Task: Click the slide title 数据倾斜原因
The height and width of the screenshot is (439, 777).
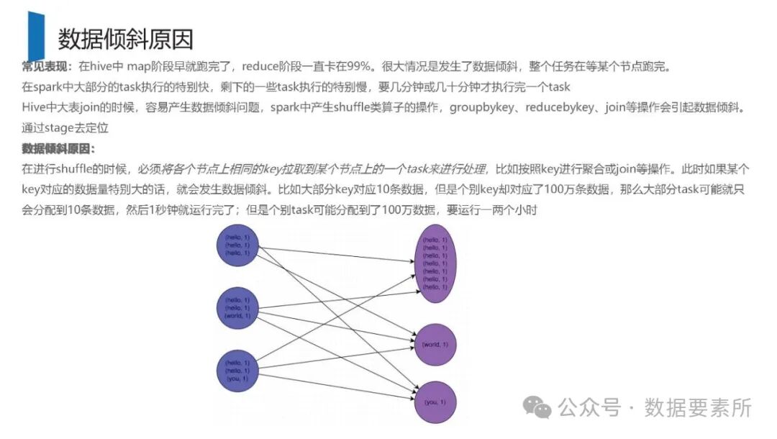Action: pos(125,38)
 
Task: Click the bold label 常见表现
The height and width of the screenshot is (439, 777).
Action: pos(45,67)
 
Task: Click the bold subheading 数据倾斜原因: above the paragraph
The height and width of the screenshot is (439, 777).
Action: pos(58,149)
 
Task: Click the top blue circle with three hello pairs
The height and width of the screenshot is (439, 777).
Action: pos(237,245)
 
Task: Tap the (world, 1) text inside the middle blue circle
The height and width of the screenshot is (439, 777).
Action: pos(237,316)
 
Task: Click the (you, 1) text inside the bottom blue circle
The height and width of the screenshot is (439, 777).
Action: pos(237,379)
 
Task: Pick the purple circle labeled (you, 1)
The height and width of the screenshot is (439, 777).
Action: pos(435,402)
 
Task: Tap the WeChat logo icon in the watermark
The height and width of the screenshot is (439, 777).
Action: pos(538,407)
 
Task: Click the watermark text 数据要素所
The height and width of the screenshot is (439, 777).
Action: pos(697,407)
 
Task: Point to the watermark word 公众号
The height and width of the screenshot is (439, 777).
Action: pos(589,407)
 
